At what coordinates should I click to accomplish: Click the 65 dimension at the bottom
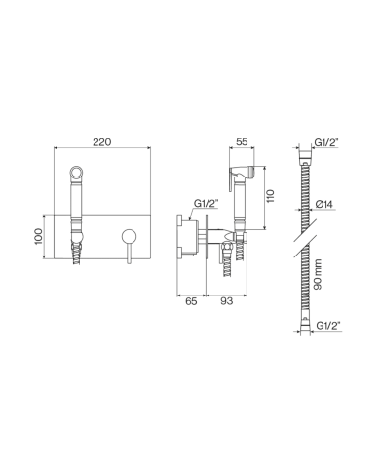[191, 303]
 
